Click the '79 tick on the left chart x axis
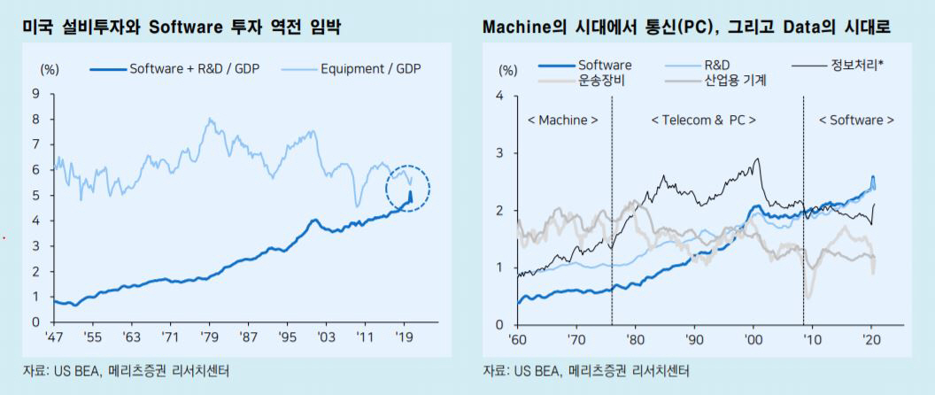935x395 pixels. coord(209,337)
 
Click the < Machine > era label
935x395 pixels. coord(562,120)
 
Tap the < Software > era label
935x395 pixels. coord(855,120)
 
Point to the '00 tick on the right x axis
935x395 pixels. coord(753,338)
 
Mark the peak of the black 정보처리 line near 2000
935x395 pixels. coord(757,159)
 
